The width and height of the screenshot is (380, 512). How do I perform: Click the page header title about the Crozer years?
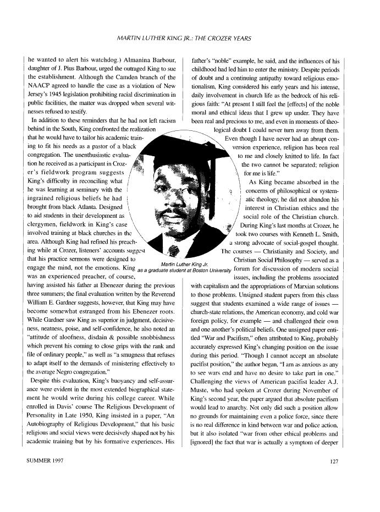pos(189,38)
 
